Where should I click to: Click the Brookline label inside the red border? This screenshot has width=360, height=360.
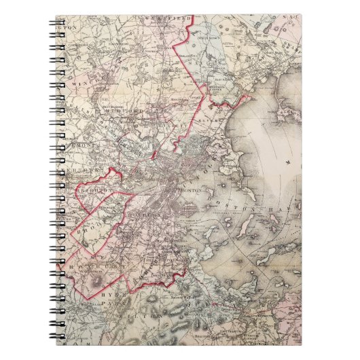(92, 228)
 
